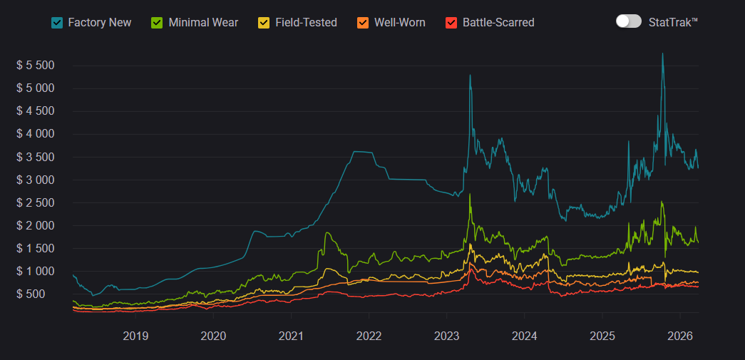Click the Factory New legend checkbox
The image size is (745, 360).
pos(57,22)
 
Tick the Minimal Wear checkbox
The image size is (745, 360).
pos(158,22)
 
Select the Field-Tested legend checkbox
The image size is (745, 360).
pos(264,22)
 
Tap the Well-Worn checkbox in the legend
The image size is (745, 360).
pos(363,22)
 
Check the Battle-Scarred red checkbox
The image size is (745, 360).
pos(451,22)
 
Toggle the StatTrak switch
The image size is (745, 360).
pos(629,21)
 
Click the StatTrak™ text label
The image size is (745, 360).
pos(673,22)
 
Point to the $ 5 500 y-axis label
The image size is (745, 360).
pos(36,66)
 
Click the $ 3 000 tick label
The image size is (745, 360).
pos(36,180)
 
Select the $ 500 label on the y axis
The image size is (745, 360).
pos(41,294)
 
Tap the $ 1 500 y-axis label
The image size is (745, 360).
pos(36,248)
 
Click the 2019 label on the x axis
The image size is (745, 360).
pos(135,336)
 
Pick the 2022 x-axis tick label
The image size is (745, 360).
pos(369,336)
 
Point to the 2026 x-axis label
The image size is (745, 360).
pos(679,336)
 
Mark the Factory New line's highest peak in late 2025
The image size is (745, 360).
pos(662,54)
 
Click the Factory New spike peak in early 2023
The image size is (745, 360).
pos(470,76)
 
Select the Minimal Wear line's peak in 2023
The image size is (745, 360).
pos(470,195)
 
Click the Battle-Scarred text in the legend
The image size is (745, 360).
pos(498,22)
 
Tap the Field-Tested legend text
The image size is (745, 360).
pos(306,22)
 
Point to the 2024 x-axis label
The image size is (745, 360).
pos(524,336)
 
